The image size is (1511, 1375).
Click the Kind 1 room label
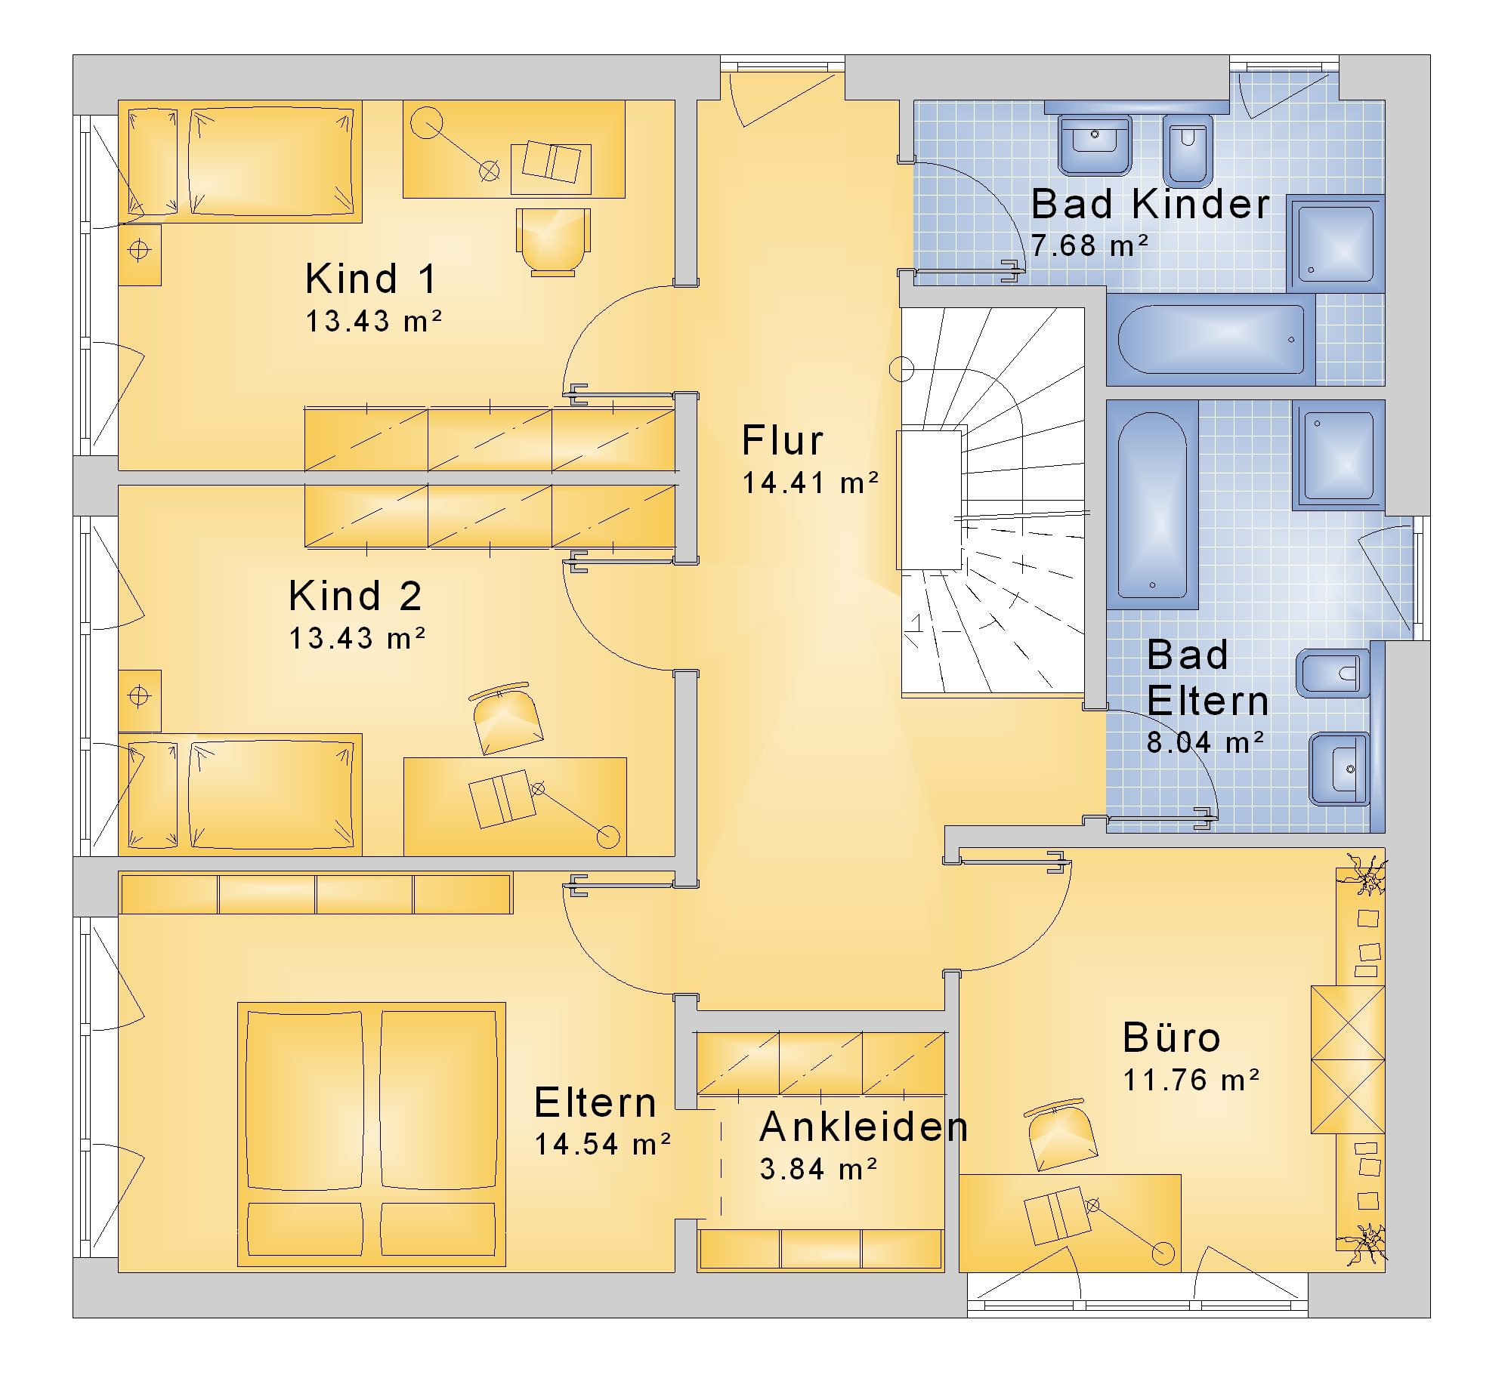pos(371,279)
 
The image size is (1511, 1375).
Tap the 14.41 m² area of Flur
pos(811,483)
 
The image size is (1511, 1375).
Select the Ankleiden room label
pos(864,1127)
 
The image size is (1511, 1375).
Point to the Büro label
pos(1171,1037)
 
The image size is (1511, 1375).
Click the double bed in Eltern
pos(372,1135)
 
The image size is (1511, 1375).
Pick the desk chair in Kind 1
pos(553,242)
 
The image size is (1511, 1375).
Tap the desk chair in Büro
pos(1061,1135)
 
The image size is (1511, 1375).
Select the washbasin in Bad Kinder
pos(1095,144)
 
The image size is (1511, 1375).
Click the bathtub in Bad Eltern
pos(1152,504)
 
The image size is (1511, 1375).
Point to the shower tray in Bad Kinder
pos(1336,244)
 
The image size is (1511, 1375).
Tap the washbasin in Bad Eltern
pos(1340,769)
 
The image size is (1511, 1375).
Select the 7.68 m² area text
pos(1089,245)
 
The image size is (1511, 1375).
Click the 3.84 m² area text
pos(818,1169)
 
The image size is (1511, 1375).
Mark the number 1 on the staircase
pos(916,623)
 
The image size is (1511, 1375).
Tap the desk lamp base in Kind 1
pos(427,123)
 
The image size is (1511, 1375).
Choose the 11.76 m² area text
pos(1191,1080)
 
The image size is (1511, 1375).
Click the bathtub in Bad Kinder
pos(1211,339)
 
